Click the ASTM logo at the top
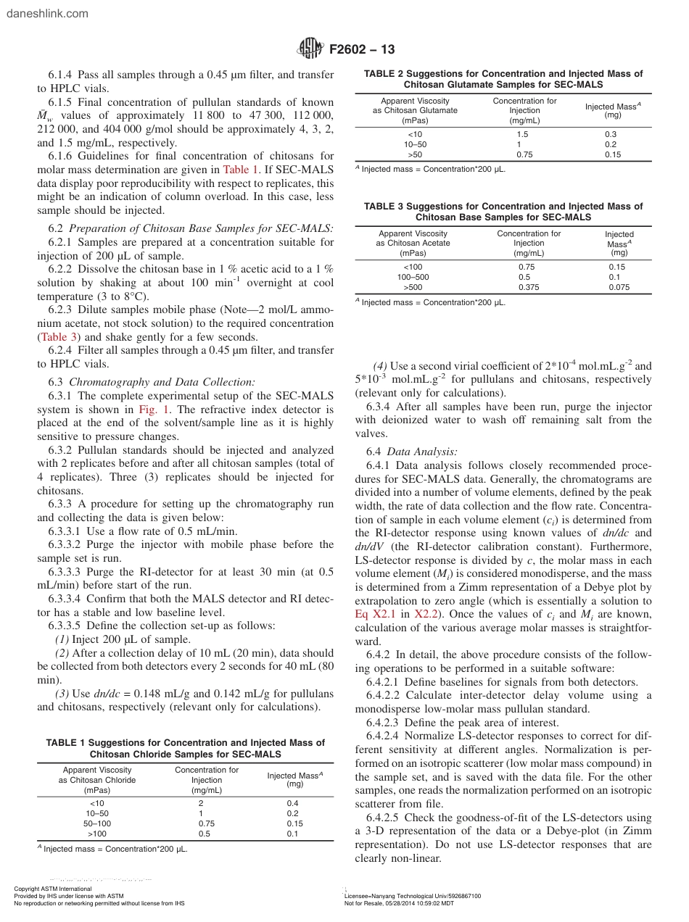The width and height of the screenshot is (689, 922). coord(310,49)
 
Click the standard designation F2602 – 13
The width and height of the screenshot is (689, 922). coord(362,49)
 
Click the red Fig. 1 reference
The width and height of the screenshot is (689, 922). coord(151,409)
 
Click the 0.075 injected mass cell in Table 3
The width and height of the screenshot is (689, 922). coord(619,287)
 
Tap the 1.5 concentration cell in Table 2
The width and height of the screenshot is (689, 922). coord(522,135)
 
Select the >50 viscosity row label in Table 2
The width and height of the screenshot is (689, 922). coord(415,154)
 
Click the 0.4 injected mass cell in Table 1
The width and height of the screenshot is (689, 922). coord(293,803)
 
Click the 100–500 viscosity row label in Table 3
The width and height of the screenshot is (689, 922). coord(413,277)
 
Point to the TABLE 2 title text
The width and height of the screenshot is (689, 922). coord(503,79)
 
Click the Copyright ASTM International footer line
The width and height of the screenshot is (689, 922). coord(53,889)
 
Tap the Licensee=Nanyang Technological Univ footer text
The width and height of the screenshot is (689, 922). coord(412,896)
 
